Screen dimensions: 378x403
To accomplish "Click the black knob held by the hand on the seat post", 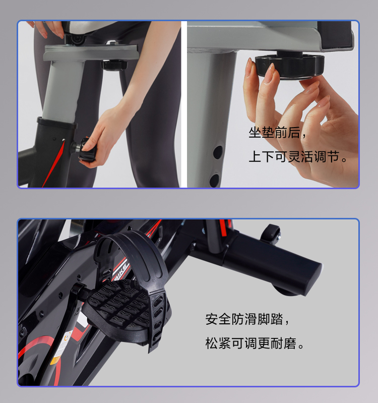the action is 86,150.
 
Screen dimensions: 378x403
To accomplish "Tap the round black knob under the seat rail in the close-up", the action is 290,66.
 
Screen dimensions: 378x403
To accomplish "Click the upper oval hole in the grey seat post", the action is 218,152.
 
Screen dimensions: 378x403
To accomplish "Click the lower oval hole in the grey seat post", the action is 214,181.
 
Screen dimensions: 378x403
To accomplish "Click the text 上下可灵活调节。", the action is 298,156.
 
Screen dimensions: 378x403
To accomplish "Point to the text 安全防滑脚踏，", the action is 247,319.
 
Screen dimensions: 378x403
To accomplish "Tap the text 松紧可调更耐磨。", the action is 255,343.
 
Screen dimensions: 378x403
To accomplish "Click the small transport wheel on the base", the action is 272,234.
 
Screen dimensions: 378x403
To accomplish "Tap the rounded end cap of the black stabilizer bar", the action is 313,279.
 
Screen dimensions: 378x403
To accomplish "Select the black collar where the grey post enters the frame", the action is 57,123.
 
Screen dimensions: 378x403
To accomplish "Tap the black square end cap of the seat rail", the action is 335,35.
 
